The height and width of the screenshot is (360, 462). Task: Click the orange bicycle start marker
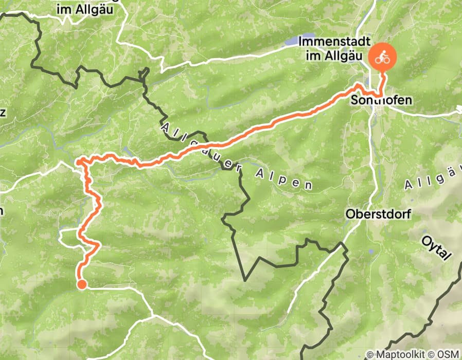point(382,58)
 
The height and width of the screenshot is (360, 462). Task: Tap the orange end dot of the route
point(81,284)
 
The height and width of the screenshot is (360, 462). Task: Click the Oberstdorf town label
point(379,214)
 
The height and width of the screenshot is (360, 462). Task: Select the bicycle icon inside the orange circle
point(382,58)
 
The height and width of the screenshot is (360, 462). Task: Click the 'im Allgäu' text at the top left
point(78,10)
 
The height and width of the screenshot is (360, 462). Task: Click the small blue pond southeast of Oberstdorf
point(370,252)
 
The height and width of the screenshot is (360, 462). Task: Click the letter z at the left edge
point(3,114)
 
